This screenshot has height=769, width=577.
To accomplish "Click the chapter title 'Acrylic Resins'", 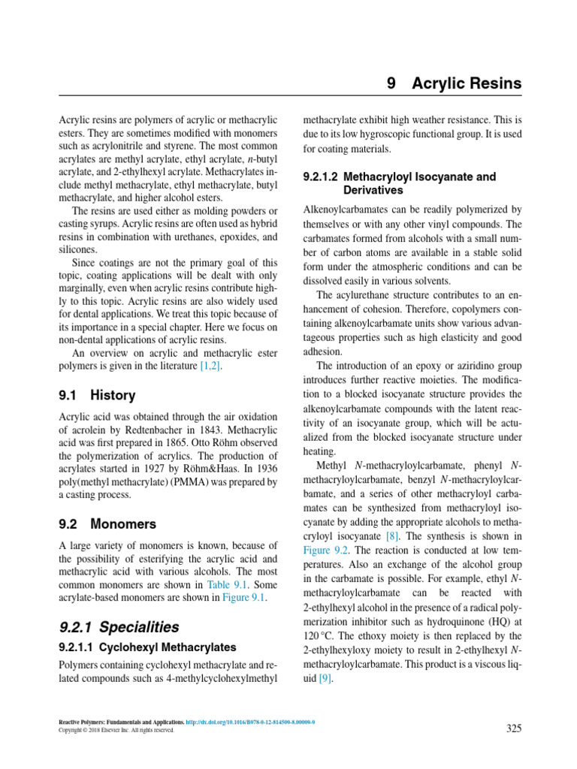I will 467,83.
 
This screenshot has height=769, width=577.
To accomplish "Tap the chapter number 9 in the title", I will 391,83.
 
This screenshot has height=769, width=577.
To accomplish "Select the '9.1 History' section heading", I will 97,395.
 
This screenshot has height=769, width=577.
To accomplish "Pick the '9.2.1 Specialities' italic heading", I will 119,626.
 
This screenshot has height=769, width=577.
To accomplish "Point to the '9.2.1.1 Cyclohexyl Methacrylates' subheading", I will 147,647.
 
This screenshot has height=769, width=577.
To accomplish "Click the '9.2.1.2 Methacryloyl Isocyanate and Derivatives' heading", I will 399,183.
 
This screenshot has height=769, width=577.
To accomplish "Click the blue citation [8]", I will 391,535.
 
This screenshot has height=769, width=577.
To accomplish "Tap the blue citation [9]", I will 325,679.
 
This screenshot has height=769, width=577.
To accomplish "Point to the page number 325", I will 513,728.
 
